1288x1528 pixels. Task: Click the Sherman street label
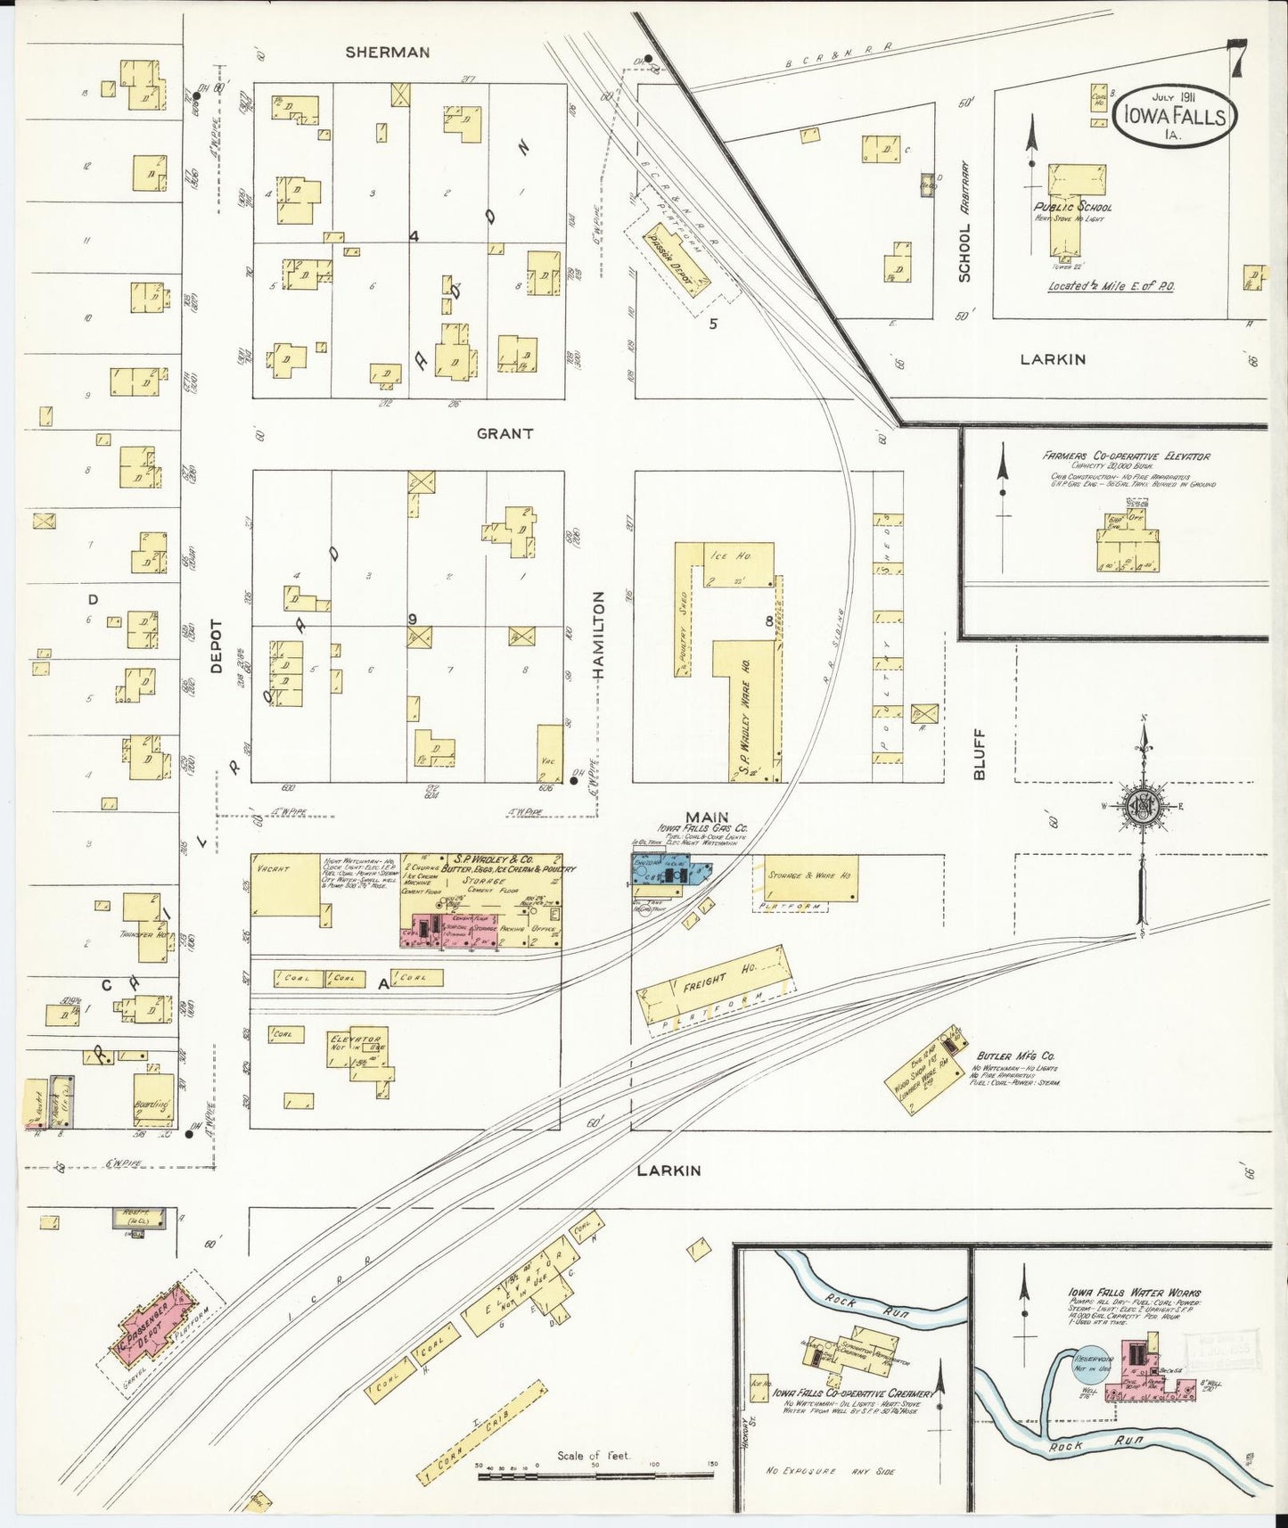click(388, 53)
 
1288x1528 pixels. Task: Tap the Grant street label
click(505, 433)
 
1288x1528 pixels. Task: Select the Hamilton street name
click(598, 635)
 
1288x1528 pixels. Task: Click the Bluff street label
click(979, 754)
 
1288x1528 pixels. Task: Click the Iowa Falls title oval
click(1174, 116)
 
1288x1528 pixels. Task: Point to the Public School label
click(1073, 207)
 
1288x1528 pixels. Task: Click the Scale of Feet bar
click(595, 1475)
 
